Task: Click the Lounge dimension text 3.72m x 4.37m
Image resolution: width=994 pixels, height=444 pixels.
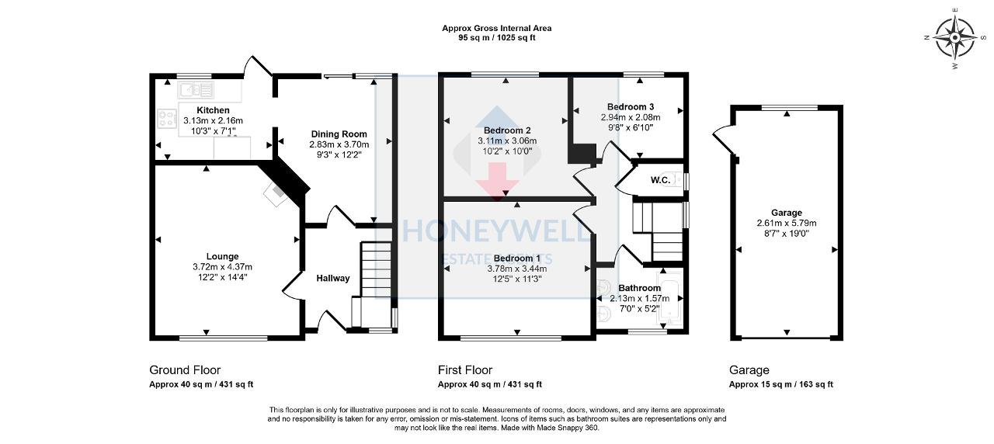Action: point(222,267)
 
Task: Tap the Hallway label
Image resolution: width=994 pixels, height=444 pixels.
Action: point(332,278)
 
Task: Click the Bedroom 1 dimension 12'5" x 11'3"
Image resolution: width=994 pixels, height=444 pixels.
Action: point(517,279)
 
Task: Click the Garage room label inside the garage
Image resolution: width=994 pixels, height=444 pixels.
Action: point(786,213)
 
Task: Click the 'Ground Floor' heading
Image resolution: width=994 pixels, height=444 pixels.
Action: point(185,370)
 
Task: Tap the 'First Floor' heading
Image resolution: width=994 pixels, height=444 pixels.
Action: point(465,370)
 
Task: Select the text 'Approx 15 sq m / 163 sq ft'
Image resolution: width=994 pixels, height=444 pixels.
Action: point(780,384)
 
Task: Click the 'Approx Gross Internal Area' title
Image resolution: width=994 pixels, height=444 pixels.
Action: point(496,28)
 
